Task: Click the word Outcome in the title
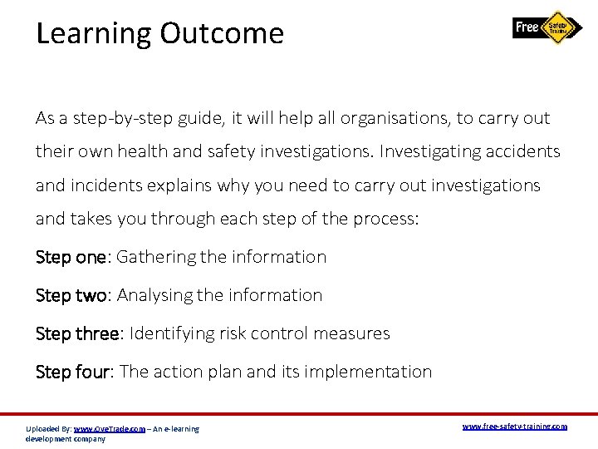[x=222, y=33]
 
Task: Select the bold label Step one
[x=71, y=257]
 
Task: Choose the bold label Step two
[x=71, y=295]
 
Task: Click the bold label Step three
[x=78, y=333]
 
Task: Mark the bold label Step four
[x=73, y=372]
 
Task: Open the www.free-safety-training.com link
[x=514, y=427]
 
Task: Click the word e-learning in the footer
[x=182, y=429]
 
